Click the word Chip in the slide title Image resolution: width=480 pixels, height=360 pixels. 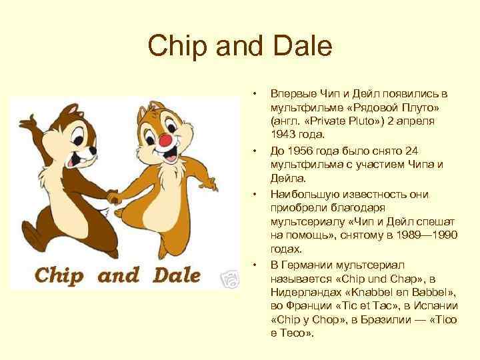175,47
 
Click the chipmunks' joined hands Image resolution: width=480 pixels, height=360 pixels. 113,197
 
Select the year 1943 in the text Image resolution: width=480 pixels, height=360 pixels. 283,135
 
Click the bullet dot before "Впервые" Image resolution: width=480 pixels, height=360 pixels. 253,92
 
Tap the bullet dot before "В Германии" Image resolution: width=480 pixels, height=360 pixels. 253,264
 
